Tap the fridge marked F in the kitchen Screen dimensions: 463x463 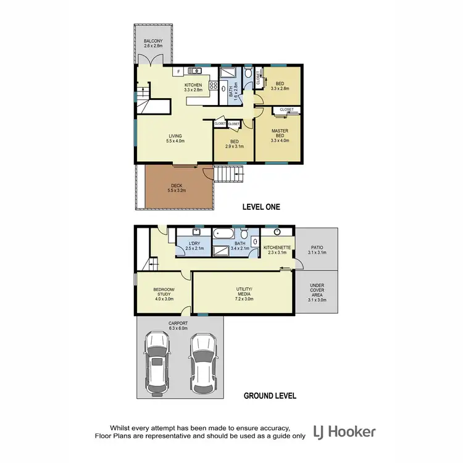[178, 72]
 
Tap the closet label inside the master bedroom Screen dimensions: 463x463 [286, 110]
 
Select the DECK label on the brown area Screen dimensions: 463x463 [176, 188]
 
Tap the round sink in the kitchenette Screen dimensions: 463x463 [276, 233]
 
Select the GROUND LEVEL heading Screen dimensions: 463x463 [269, 396]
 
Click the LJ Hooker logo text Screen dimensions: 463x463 [344, 432]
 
